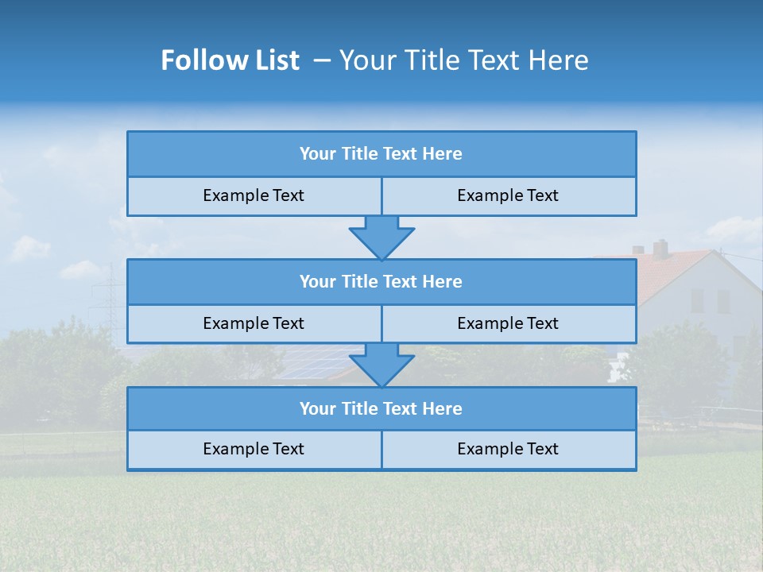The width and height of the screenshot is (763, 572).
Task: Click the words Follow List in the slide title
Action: [230, 60]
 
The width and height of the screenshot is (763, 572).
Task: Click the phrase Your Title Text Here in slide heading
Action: [463, 60]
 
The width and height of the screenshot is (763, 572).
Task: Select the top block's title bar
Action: [381, 154]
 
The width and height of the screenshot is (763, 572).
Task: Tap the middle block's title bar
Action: [381, 282]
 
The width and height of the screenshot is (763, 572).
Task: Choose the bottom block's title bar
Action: [381, 409]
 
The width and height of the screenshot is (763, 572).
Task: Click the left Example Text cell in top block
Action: [254, 196]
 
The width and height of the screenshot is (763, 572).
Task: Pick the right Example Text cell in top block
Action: [508, 196]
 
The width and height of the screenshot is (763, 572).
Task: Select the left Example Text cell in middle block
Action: [254, 324]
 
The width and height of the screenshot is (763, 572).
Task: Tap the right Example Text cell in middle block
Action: [508, 324]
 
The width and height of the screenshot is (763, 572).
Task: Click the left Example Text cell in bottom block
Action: [254, 450]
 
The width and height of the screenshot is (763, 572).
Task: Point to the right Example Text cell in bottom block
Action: [508, 450]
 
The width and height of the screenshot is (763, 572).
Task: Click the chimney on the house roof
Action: [660, 248]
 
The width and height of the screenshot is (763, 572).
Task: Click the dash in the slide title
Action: [322, 60]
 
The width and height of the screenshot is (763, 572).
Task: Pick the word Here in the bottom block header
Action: [443, 409]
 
